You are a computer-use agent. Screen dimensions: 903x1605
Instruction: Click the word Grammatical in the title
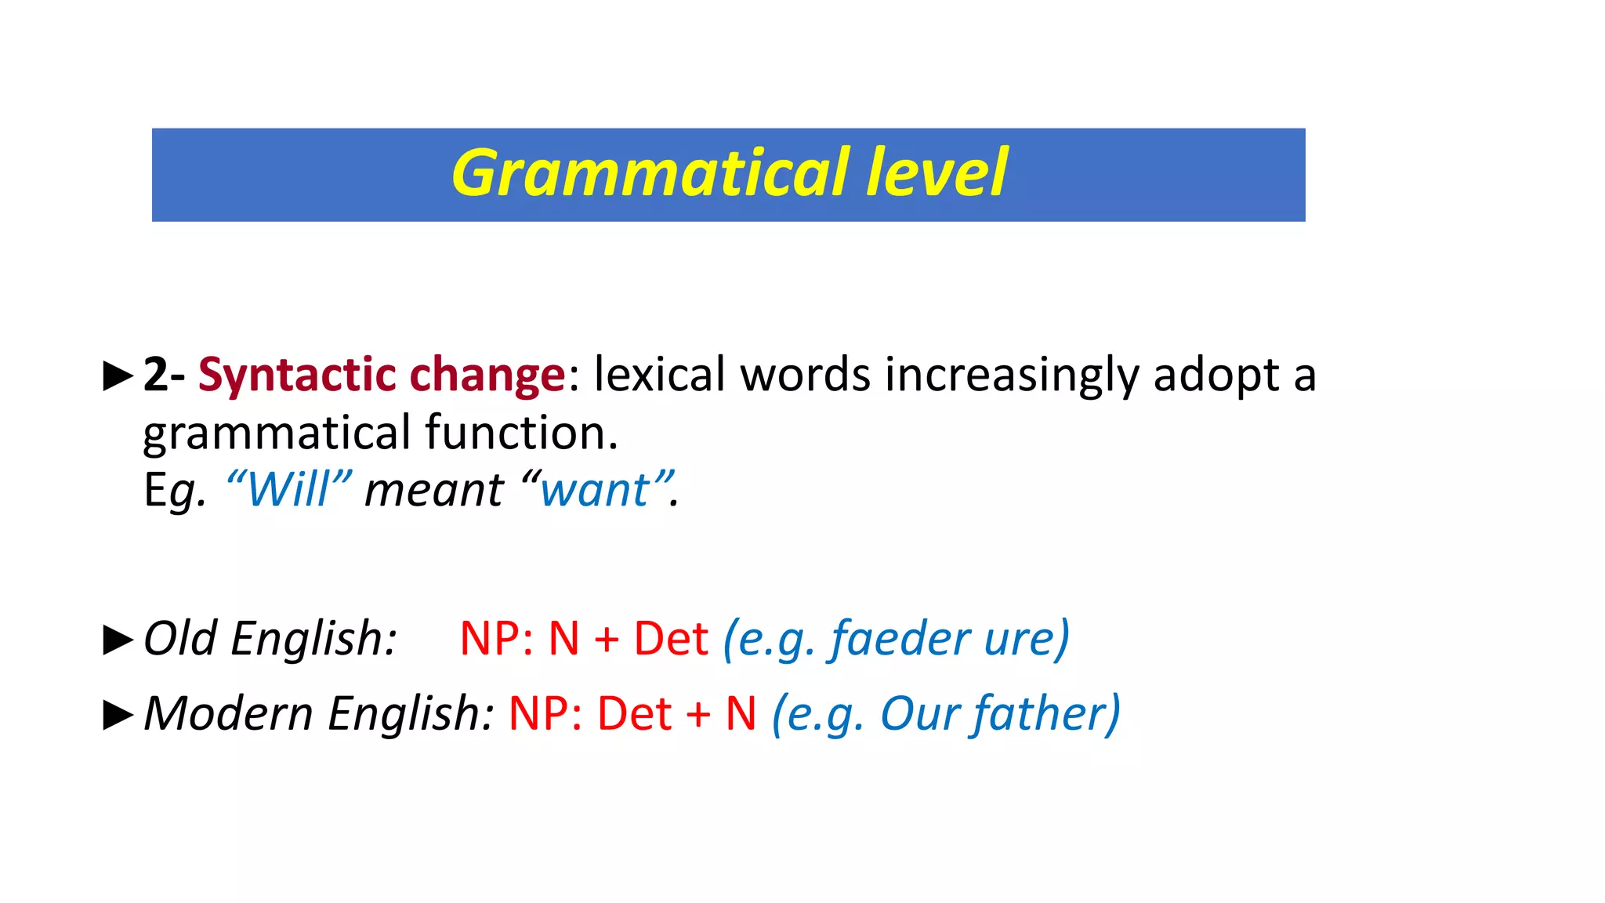coord(650,174)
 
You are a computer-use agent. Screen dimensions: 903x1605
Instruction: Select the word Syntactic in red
coord(296,375)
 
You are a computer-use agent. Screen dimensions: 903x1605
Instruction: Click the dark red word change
coord(487,375)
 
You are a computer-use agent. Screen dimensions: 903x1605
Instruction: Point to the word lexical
coord(659,375)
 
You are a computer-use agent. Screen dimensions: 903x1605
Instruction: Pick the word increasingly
coord(1011,375)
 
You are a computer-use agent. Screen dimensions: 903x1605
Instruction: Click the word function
coord(521,433)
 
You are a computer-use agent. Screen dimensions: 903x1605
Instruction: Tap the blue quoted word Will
coord(288,491)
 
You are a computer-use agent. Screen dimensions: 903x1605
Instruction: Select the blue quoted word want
coord(596,491)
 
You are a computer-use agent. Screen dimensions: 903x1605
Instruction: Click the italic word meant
coord(434,491)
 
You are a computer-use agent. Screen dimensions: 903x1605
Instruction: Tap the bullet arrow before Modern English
coord(118,715)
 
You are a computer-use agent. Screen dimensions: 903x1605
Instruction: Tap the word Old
coord(180,638)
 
